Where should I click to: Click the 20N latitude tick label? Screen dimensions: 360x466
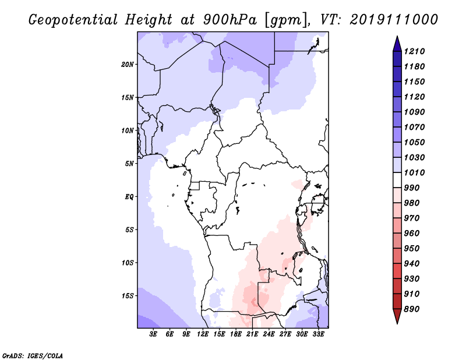coord(128,64)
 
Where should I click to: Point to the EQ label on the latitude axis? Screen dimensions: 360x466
coord(129,196)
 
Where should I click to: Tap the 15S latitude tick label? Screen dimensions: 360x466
coord(128,295)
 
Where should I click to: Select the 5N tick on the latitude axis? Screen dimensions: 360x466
coord(129,163)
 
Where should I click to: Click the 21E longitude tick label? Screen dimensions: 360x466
coord(253,334)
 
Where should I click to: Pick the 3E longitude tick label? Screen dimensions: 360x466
coord(154,334)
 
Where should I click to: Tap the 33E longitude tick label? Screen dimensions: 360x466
coord(319,334)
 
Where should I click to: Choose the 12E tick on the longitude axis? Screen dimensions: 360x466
coord(203,334)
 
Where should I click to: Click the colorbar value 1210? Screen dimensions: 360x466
coord(415,51)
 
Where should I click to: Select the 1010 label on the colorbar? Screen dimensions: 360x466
coord(415,172)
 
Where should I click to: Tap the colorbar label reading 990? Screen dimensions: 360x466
coord(414,188)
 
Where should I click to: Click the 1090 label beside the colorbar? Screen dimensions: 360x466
coord(415,112)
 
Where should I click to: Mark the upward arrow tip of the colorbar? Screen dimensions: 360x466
coord(396,38)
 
